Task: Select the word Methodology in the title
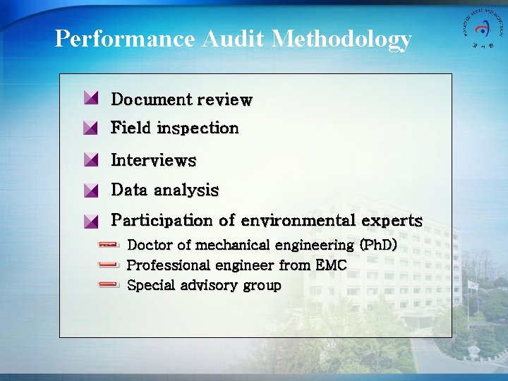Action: (x=341, y=40)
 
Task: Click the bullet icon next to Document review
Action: (x=90, y=98)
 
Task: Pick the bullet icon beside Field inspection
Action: (x=90, y=128)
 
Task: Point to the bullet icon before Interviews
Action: (x=90, y=159)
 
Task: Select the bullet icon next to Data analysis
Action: (x=90, y=190)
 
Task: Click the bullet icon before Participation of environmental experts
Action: (x=90, y=220)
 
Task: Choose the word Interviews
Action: (x=153, y=160)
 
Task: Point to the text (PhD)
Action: (x=378, y=246)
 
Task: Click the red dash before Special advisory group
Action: (x=109, y=285)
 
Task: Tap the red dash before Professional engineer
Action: (x=109, y=265)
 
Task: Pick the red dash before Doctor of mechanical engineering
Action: (x=109, y=245)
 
